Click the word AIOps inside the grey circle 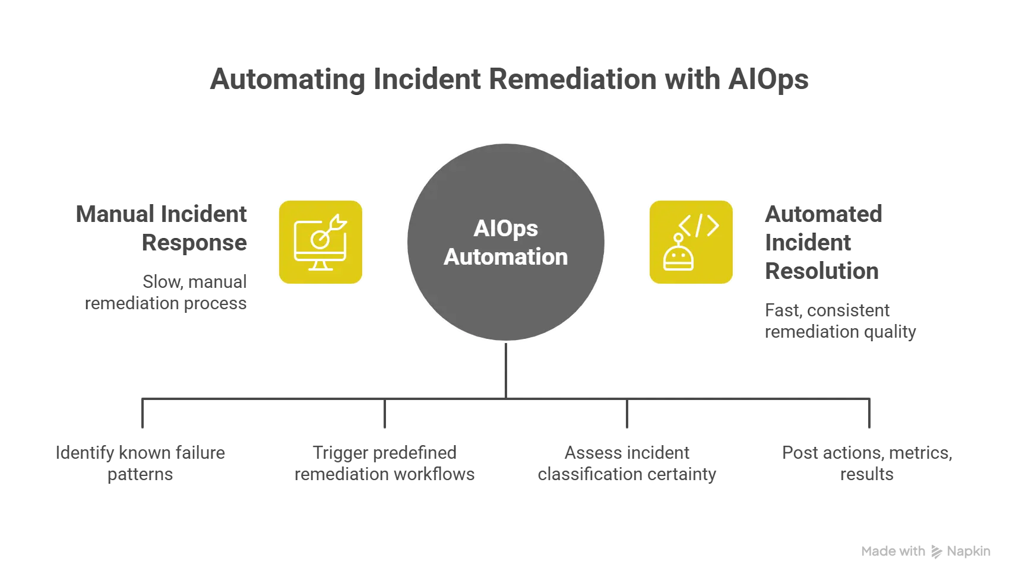tap(505, 228)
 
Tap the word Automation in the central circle tap(505, 257)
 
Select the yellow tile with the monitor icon tap(321, 242)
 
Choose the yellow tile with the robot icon tap(691, 242)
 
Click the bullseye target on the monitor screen tap(319, 239)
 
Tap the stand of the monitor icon tap(321, 265)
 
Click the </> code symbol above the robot tap(699, 226)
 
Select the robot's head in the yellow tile tap(678, 259)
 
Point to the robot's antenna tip tap(678, 237)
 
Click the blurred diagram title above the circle tap(509, 79)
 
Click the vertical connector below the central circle tap(506, 368)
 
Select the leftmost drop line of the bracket tap(143, 415)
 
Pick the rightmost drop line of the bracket tap(869, 415)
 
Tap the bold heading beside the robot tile tap(822, 242)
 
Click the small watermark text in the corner tap(926, 552)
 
